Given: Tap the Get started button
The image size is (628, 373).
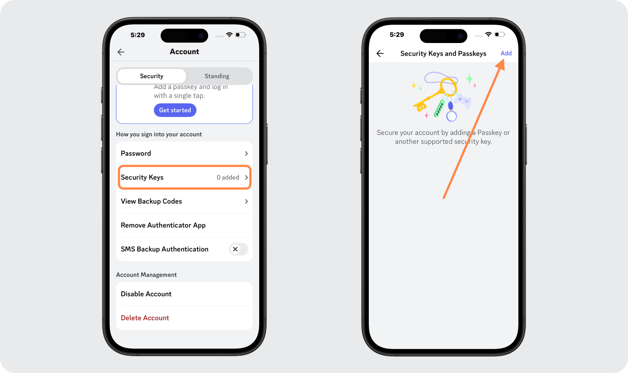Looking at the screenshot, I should click(175, 110).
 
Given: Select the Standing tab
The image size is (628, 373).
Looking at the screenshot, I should click(217, 76).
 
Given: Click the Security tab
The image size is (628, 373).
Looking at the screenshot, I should click(151, 76).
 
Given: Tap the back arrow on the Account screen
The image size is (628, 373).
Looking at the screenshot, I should click(121, 52).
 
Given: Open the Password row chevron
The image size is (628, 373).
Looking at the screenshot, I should click(246, 153).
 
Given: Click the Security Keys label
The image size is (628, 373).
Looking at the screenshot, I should click(142, 177).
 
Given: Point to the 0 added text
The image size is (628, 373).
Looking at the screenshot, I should click(228, 177).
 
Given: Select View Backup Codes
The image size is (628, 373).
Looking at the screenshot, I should click(151, 201).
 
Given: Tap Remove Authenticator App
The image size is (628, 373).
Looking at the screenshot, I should click(163, 225).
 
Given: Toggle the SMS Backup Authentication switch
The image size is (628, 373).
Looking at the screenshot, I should click(238, 249).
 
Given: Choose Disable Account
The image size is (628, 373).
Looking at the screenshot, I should click(146, 294).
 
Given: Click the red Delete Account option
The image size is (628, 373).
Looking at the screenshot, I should click(145, 318).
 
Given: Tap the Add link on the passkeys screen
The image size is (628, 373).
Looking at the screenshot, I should click(506, 53).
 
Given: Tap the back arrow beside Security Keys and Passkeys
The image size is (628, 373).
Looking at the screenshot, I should click(380, 54).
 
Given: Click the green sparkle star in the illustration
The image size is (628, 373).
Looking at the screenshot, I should click(470, 79).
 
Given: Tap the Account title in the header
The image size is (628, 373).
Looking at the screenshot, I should click(184, 52).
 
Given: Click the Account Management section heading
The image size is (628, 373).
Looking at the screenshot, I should click(146, 275).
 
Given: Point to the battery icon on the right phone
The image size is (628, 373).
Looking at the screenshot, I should click(499, 35).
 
